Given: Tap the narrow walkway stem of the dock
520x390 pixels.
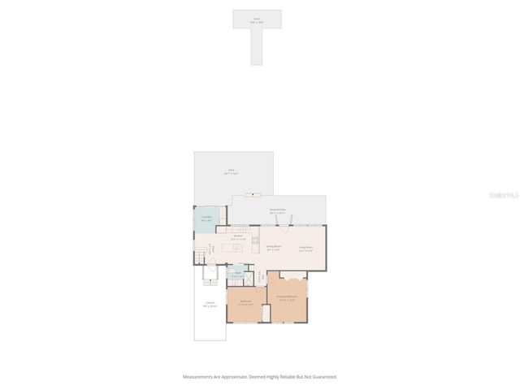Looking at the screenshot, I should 257,49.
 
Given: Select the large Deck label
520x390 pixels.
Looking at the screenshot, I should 232,171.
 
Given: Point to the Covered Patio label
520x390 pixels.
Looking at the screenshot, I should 277,210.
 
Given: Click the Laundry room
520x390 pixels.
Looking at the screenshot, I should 206,219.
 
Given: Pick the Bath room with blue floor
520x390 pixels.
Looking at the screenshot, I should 238,275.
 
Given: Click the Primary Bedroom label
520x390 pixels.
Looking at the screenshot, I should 287,297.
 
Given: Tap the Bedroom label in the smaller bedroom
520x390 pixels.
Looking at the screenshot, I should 245,302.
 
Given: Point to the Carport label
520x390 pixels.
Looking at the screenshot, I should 209,305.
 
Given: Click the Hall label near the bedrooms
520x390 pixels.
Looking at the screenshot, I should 259,276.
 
